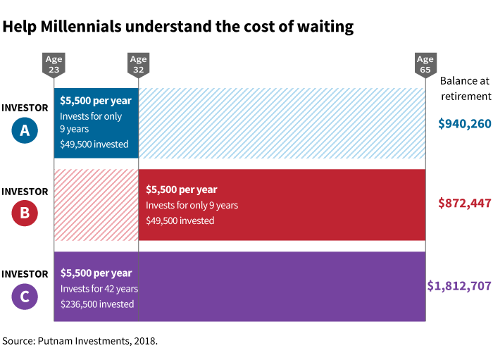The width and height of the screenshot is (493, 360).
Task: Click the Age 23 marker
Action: click(54, 64)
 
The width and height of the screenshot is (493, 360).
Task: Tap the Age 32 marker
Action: click(138, 64)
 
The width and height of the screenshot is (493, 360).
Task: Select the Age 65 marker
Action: click(425, 64)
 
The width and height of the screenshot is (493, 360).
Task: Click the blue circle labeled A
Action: click(25, 130)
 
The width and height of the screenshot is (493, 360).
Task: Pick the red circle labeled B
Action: click(25, 213)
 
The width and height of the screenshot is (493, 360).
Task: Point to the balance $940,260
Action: click(464, 124)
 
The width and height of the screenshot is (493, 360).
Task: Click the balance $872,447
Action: click(464, 203)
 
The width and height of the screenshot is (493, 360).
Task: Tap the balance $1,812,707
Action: click(459, 286)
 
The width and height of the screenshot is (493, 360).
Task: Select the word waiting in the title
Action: click(325, 27)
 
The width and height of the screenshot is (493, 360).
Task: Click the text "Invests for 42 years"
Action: click(99, 289)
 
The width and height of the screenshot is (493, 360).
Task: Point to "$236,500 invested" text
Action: click(96, 304)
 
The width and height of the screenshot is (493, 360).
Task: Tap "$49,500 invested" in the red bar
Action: click(180, 221)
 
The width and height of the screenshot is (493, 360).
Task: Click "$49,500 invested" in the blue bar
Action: click(94, 144)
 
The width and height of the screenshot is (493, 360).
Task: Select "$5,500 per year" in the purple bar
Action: click(96, 273)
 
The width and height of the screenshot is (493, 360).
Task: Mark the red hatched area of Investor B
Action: click(96, 204)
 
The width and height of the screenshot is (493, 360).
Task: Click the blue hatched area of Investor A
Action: click(282, 123)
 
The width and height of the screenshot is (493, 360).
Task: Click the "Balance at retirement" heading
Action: click(464, 88)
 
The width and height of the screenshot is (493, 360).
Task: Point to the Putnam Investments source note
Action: click(80, 341)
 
